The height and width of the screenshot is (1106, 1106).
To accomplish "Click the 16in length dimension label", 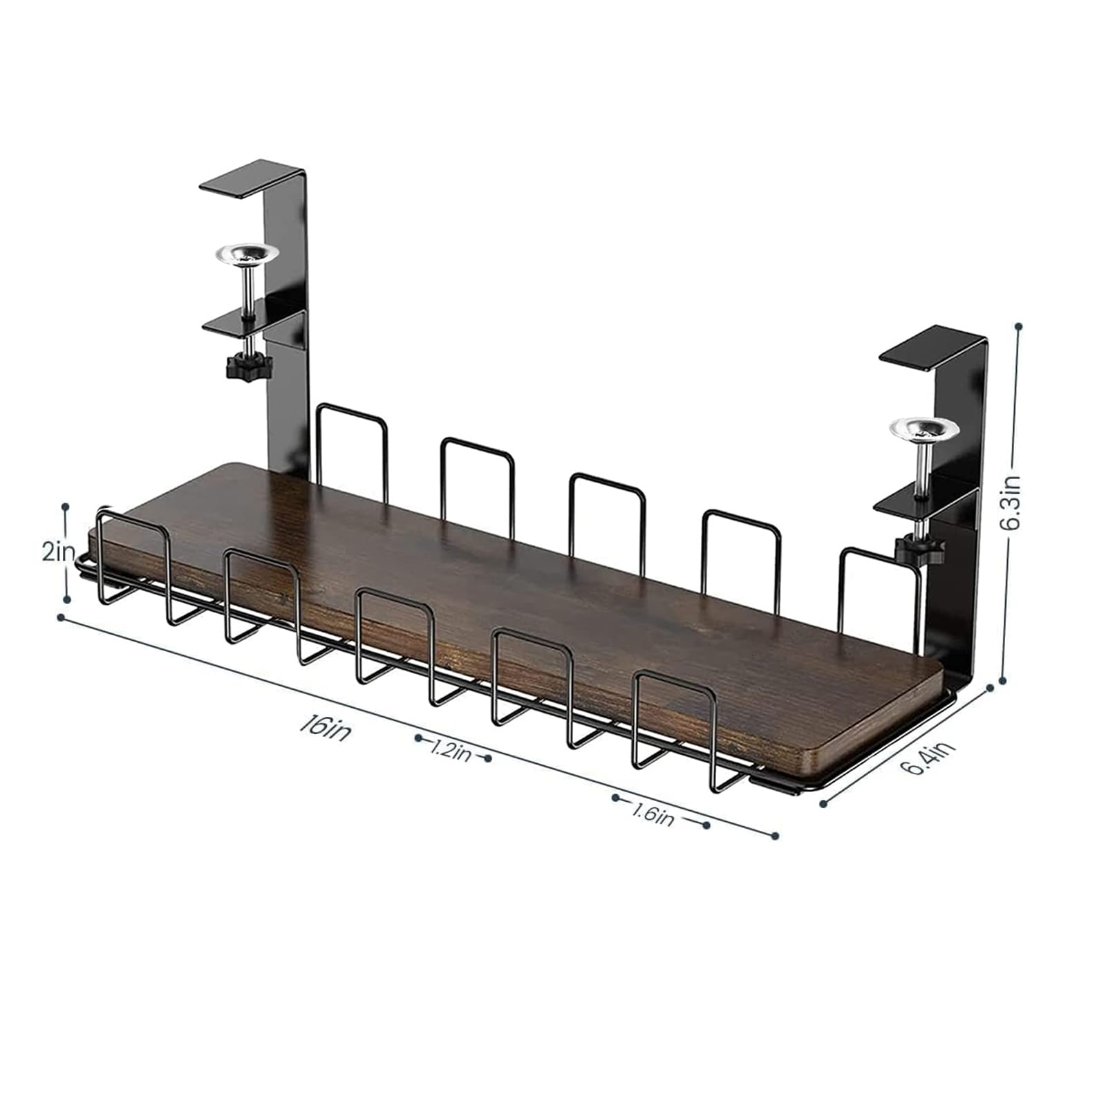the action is click(325, 729).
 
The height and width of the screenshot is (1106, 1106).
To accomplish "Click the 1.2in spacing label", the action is click(451, 749).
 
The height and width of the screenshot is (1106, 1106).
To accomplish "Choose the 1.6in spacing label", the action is click(652, 816).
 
